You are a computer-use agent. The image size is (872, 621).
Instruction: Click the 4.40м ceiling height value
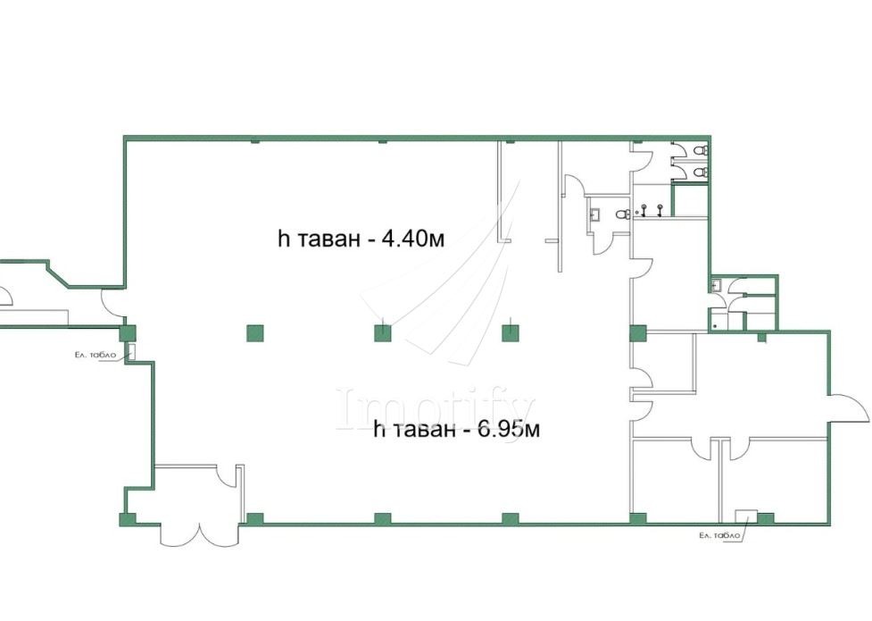point(411,239)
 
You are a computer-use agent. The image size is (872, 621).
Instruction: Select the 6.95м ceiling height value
point(507,430)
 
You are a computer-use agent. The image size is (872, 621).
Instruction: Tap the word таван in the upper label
point(327,239)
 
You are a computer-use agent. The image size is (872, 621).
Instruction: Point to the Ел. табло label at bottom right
point(719,535)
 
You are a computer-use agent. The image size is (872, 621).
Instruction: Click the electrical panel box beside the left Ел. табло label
point(132,351)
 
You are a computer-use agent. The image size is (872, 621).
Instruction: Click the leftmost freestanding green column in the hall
point(254,333)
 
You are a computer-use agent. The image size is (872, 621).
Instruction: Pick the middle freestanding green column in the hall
point(383,333)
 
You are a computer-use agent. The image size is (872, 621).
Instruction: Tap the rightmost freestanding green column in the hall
point(511,333)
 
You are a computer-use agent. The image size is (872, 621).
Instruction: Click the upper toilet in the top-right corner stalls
point(702,150)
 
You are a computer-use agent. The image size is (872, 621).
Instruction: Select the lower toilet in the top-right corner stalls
point(702,172)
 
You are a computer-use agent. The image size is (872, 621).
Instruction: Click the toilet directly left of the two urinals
point(623,214)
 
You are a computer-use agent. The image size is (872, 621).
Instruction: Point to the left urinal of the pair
point(644,210)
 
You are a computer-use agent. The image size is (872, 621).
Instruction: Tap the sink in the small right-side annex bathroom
point(717,286)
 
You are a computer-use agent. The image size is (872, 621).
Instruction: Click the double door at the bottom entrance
point(200,533)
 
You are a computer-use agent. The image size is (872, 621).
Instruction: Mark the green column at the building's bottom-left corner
point(128,520)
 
